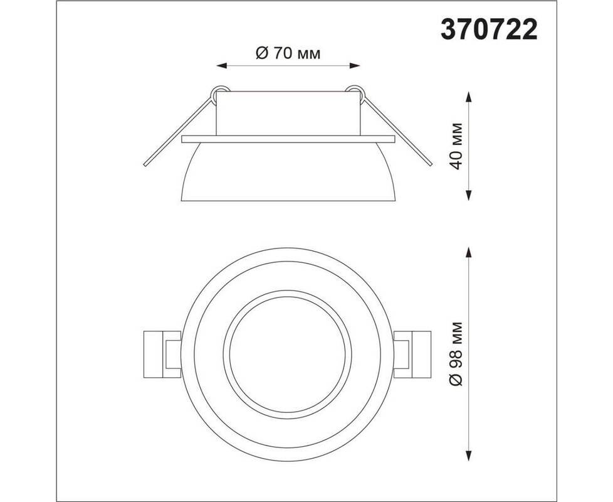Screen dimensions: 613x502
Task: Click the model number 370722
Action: pyautogui.click(x=489, y=30)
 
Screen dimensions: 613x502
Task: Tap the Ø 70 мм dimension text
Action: pyautogui.click(x=288, y=53)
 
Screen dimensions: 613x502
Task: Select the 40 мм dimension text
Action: pyautogui.click(x=456, y=146)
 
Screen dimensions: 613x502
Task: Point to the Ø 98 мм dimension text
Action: pyautogui.click(x=456, y=354)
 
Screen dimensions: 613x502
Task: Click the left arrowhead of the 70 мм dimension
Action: pyautogui.click(x=222, y=66)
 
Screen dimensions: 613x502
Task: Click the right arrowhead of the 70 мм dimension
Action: pyautogui.click(x=355, y=66)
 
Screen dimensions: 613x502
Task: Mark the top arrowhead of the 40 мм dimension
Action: pyautogui.click(x=469, y=97)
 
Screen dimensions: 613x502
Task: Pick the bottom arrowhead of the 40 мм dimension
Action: pyautogui.click(x=469, y=195)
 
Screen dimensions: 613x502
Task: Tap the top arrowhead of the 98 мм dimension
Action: pyautogui.click(x=469, y=252)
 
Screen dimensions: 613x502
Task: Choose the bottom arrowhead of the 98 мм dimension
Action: pyautogui.click(x=469, y=456)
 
